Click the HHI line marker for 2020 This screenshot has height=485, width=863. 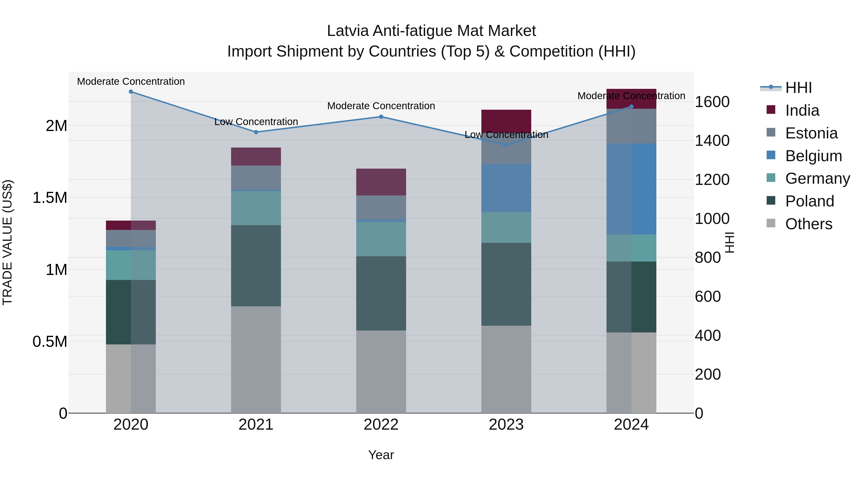(131, 92)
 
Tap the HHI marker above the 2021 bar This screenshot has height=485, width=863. (256, 132)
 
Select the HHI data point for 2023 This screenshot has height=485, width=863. (506, 145)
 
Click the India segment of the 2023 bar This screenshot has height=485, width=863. (506, 120)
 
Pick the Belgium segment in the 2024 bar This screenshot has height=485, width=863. (631, 189)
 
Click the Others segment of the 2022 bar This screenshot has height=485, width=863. (381, 371)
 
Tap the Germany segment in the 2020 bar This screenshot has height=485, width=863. (131, 265)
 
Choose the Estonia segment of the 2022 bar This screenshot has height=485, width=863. (381, 207)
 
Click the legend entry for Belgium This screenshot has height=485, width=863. (813, 156)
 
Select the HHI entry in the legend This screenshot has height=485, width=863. (798, 88)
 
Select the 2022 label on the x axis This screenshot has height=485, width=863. (381, 425)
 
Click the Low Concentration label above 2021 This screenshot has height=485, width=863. (256, 122)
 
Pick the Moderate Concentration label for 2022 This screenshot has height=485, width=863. (381, 106)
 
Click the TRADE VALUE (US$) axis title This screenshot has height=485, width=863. (8, 242)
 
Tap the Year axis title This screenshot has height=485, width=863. (381, 455)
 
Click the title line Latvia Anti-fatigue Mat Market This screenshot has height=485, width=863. (431, 31)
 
